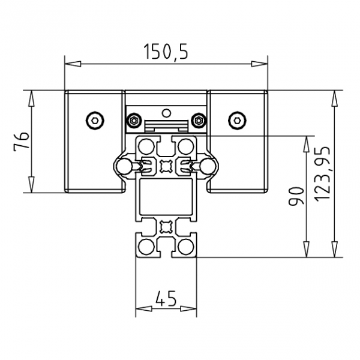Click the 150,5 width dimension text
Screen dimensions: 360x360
(166, 52)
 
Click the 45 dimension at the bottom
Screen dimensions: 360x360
(166, 298)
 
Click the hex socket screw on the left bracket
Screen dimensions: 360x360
(94, 121)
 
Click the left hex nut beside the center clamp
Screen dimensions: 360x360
(133, 122)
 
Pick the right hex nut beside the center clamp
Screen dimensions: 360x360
(199, 122)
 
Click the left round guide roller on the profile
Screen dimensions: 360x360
(124, 166)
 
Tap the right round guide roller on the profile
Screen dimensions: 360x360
(208, 166)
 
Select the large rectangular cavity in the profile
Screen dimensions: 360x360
(166, 198)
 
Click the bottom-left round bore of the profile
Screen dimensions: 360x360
(146, 247)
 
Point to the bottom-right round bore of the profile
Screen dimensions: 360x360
(187, 247)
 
